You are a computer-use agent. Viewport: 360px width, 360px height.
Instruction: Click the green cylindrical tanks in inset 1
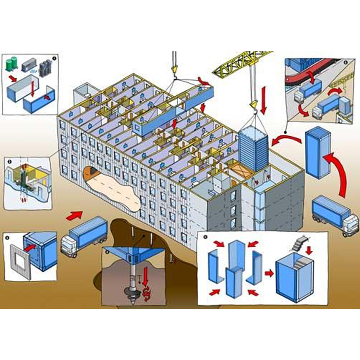tap(12, 63)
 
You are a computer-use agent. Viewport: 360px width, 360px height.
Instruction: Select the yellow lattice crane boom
tap(240, 64)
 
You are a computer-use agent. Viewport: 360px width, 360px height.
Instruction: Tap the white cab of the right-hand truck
tap(350, 220)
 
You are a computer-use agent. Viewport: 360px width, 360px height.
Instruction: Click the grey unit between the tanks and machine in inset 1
tap(29, 63)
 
